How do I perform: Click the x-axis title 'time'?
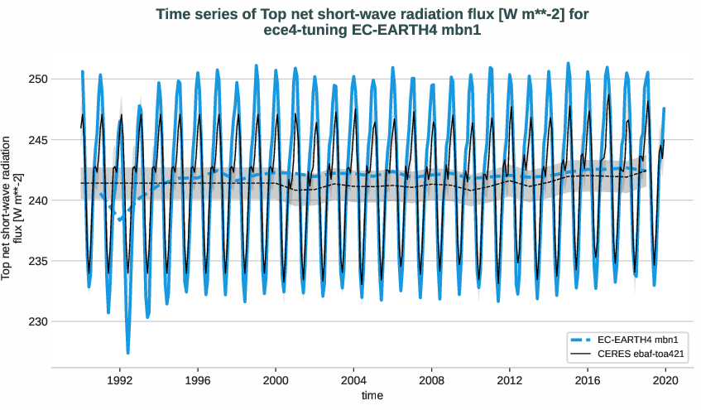[372, 396]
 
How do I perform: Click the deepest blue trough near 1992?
[127, 352]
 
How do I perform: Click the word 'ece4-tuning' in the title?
[298, 30]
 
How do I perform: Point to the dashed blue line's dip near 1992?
[121, 219]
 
